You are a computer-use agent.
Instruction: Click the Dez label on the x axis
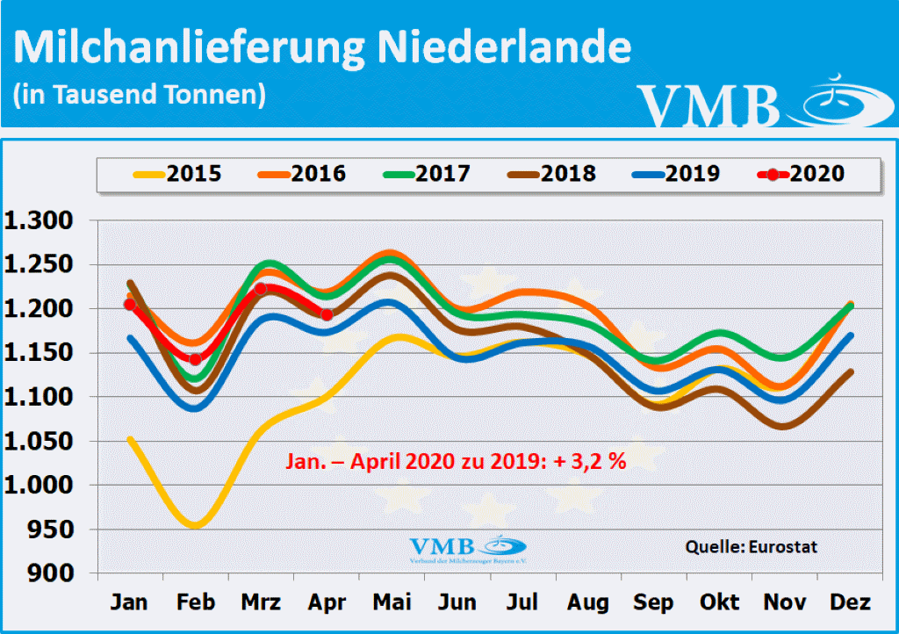[x=851, y=603]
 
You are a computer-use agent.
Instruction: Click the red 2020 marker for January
[x=130, y=304]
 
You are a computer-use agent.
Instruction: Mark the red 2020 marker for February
[x=196, y=359]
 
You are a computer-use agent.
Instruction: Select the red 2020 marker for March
[x=261, y=289]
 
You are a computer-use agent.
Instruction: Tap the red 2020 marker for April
[x=327, y=314]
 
